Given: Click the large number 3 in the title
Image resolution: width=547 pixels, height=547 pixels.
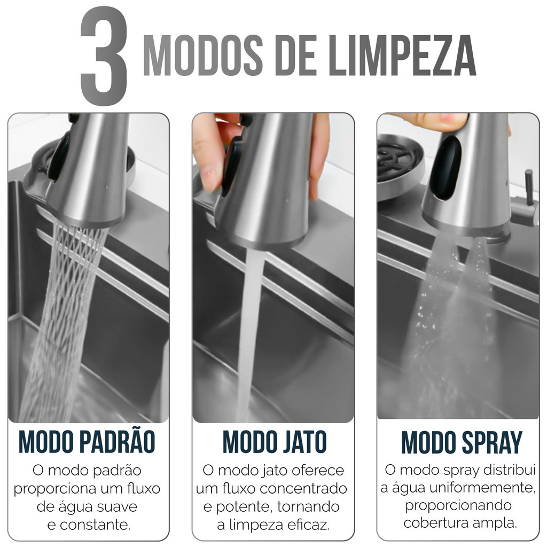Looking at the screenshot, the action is click(104, 56).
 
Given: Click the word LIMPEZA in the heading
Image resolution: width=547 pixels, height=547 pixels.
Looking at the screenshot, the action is click(402, 55).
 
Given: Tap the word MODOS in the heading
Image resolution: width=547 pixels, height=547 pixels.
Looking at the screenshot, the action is click(203, 55).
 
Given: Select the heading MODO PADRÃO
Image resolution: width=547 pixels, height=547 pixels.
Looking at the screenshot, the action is click(87, 441).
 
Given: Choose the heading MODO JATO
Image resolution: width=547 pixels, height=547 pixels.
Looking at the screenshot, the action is click(275, 442).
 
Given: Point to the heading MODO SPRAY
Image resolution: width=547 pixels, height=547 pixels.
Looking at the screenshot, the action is click(462, 442).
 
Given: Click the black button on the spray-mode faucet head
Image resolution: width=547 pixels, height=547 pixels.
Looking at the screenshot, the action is click(446, 167).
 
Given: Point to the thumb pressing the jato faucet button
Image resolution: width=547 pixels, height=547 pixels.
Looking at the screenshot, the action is click(208, 153).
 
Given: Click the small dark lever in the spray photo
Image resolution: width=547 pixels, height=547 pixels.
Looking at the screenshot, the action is click(529, 187).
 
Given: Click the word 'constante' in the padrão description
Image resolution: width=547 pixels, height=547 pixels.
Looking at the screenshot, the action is click(95, 525).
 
